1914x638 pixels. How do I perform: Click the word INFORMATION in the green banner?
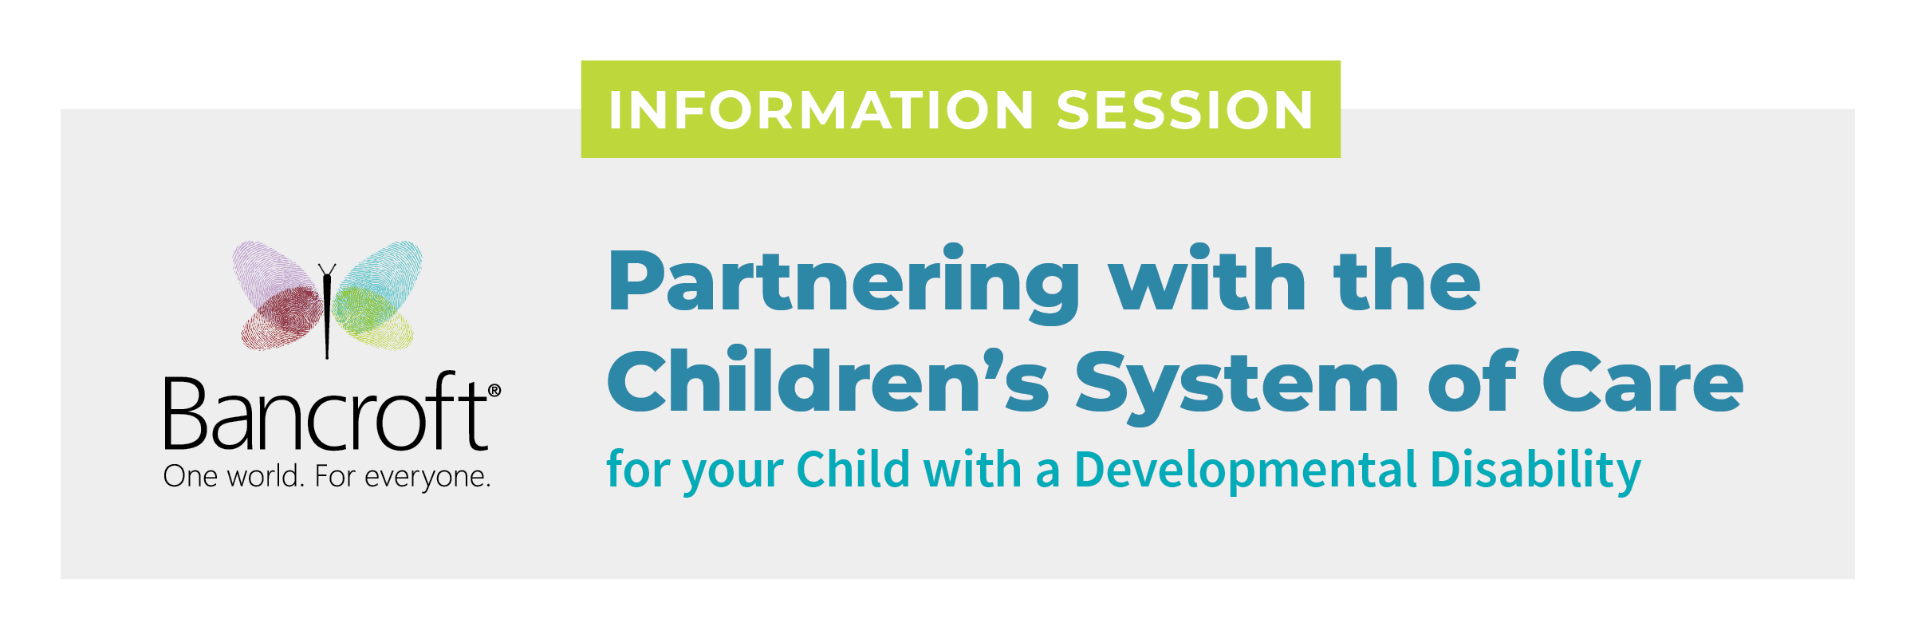[821, 109]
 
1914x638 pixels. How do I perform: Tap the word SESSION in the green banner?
[1185, 109]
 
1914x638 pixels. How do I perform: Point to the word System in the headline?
[1237, 386]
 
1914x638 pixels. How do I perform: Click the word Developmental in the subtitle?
[1246, 470]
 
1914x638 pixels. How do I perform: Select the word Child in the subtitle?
[853, 468]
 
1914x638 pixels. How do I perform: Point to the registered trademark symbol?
[494, 390]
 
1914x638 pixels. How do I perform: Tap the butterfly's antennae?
[327, 270]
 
